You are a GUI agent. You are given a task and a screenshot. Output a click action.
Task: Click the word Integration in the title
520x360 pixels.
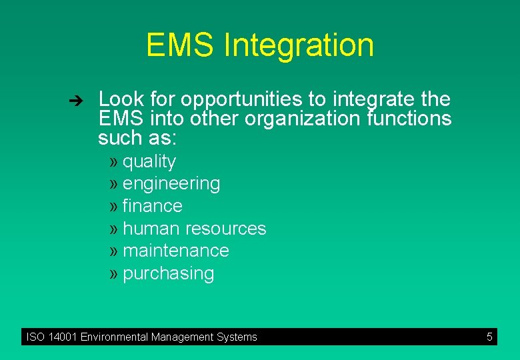click(299, 46)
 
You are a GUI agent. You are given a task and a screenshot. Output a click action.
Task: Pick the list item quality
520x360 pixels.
click(149, 162)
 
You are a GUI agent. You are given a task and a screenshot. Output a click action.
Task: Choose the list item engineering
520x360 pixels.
click(171, 184)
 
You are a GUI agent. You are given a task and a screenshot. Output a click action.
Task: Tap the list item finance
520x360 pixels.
click(153, 206)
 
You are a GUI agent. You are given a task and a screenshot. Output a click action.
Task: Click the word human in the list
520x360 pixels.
click(151, 229)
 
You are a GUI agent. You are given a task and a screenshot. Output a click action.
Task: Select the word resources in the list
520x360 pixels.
click(225, 229)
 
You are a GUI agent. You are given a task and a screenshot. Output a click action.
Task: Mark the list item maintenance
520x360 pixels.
click(176, 251)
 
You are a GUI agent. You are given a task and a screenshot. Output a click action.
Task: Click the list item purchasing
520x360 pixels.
click(169, 273)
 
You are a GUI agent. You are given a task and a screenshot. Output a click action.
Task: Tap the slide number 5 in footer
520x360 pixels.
click(489, 337)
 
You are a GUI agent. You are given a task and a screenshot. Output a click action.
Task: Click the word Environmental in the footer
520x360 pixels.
click(115, 337)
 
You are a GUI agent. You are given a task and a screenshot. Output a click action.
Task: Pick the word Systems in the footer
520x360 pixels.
click(236, 337)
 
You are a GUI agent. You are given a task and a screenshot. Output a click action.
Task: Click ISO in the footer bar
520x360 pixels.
click(35, 337)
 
